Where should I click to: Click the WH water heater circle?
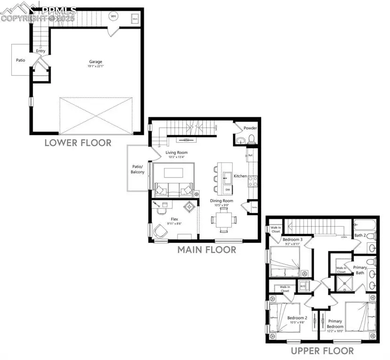(x=113, y=16)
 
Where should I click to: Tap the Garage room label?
(x=96, y=61)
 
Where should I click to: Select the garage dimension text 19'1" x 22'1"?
(x=96, y=67)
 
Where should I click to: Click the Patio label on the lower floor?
(x=20, y=60)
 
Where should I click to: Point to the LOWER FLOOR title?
(x=78, y=143)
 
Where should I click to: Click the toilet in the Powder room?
(x=251, y=138)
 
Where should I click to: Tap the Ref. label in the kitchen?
(x=250, y=154)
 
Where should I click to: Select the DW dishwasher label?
(x=227, y=189)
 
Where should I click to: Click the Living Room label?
(x=176, y=153)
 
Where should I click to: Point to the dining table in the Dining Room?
(x=224, y=220)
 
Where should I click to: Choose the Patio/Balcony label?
(x=138, y=169)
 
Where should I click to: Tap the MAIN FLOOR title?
(x=207, y=250)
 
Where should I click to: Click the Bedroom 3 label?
(x=292, y=239)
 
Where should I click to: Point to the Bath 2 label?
(x=360, y=235)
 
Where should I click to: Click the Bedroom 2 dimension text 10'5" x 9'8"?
(x=296, y=323)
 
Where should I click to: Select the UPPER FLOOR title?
(x=322, y=351)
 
